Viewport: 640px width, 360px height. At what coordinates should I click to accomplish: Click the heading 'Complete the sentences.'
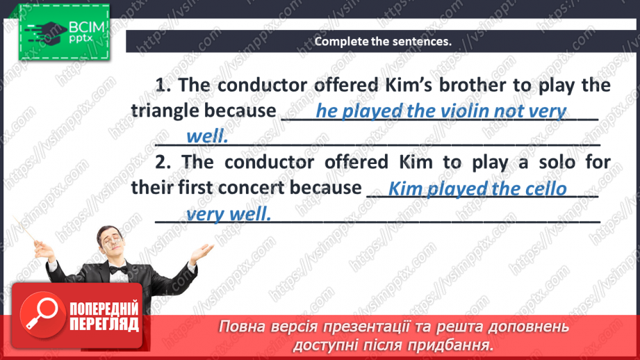point(383,41)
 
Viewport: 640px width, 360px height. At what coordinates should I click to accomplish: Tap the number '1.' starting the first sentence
point(163,85)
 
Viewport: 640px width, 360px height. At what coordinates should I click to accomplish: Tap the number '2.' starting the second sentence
point(163,163)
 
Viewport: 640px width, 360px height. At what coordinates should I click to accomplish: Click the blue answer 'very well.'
point(228,214)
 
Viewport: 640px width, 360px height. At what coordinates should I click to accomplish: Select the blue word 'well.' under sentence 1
point(208,136)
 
